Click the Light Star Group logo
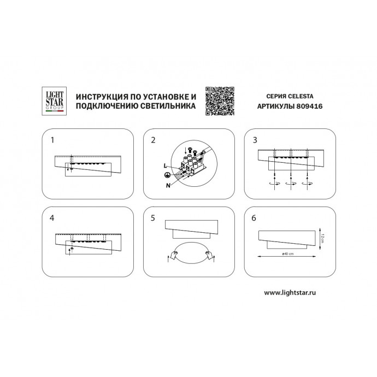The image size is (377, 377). point(54,101)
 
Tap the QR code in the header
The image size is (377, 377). point(220,101)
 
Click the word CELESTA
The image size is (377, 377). point(301,96)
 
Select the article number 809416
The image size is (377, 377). point(309,107)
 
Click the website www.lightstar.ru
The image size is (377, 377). point(290,293)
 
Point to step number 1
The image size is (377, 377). point(52,140)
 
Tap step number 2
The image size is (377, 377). point(153,140)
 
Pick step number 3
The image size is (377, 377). point(255,140)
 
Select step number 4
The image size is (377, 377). point(52,218)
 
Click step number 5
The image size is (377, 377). point(153,218)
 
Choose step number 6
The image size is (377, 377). point(254,218)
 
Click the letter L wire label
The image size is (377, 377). point(165,166)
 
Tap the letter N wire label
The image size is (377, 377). point(168,185)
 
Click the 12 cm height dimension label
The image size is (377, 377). point(323,238)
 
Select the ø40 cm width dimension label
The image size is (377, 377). point(288,254)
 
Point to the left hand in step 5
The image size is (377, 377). point(173,255)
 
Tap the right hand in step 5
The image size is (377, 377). point(209,255)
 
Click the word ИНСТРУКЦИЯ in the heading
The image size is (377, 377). point(102,97)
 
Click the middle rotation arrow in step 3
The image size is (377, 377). point(291,183)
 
